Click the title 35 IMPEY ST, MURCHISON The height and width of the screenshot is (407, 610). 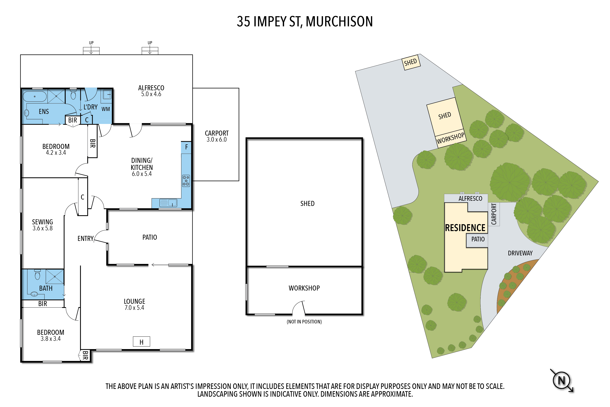click(x=305, y=22)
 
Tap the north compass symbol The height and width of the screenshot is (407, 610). click(x=562, y=380)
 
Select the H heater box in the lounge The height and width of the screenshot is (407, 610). click(x=141, y=342)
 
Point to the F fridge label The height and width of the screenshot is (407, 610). click(x=186, y=147)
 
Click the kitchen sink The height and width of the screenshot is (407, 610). click(x=168, y=203)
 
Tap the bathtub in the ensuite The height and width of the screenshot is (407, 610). click(x=35, y=96)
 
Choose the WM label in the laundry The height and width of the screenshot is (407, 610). click(x=106, y=109)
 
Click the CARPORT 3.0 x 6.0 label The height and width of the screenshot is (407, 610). click(x=217, y=136)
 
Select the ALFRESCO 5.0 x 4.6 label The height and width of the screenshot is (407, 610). click(x=151, y=91)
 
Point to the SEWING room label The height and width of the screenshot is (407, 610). click(x=43, y=225)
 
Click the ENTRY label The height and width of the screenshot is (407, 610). click(x=86, y=238)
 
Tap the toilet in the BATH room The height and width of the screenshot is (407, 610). click(x=38, y=275)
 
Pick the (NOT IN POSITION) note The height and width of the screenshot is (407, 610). click(x=304, y=322)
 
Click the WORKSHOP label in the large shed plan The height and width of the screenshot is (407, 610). click(x=304, y=288)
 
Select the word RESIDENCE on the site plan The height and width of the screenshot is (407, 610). click(x=465, y=228)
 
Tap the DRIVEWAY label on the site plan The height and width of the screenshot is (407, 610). click(x=520, y=253)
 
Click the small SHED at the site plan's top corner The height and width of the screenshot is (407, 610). click(x=411, y=62)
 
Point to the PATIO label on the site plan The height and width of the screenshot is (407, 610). click(x=478, y=239)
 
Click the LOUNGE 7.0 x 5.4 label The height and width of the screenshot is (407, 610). click(x=134, y=304)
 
